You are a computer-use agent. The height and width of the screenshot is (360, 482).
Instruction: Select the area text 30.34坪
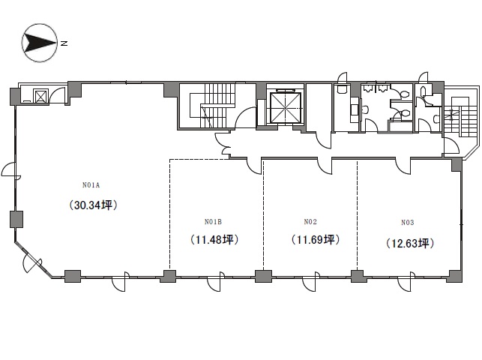[x=94, y=204]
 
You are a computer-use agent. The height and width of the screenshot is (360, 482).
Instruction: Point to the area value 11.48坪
[x=214, y=241]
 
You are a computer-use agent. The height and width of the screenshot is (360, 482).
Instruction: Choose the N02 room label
[x=310, y=221]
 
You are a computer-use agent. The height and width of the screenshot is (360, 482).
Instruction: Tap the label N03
[x=408, y=222]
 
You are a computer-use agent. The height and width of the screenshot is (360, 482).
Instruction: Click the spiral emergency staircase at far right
[x=457, y=116]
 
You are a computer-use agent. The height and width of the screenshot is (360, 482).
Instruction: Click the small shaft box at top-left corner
[x=40, y=95]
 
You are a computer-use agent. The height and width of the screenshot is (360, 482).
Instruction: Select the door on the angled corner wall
[x=32, y=262]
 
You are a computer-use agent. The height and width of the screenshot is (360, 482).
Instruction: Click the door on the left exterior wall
[x=9, y=172]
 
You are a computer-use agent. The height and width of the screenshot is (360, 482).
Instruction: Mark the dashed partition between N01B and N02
[x=263, y=217]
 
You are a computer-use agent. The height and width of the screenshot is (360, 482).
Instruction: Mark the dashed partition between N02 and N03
[x=358, y=217]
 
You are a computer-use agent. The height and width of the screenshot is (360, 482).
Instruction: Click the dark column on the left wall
[x=16, y=218]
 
